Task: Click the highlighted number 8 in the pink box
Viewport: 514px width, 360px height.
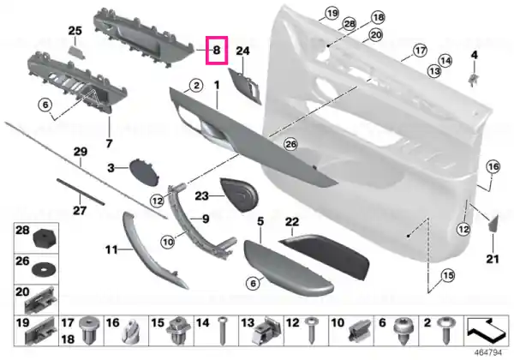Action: click(217, 51)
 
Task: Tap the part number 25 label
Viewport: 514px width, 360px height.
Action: click(75, 31)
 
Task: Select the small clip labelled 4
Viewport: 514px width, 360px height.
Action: click(472, 79)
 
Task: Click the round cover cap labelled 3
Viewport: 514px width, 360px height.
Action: click(144, 172)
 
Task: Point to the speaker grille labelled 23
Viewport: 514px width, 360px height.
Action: click(240, 195)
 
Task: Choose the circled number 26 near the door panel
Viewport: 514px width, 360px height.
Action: click(290, 144)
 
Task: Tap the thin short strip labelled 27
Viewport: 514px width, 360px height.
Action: click(81, 192)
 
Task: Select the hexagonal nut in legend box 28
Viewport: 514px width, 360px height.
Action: click(45, 239)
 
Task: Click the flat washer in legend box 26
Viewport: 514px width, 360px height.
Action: click(44, 270)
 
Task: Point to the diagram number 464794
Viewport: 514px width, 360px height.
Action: click(488, 353)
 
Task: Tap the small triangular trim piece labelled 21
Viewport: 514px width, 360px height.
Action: click(493, 223)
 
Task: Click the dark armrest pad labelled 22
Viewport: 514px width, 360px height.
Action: click(324, 255)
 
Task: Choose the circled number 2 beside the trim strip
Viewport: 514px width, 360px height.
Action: click(196, 86)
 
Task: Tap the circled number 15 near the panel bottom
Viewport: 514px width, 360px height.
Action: click(448, 275)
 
